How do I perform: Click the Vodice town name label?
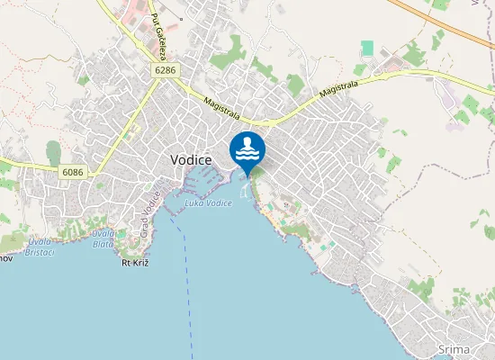[191, 158]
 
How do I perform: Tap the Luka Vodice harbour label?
[208, 203]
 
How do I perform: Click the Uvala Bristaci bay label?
[39, 246]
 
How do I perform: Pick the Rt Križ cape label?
[134, 263]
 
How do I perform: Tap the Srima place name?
[453, 349]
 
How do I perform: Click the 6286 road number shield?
[166, 70]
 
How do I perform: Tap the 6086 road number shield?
[74, 170]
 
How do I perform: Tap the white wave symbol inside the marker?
[247, 156]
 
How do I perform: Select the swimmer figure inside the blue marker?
[248, 144]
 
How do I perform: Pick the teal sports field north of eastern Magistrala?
[367, 48]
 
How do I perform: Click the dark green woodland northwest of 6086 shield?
[55, 153]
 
